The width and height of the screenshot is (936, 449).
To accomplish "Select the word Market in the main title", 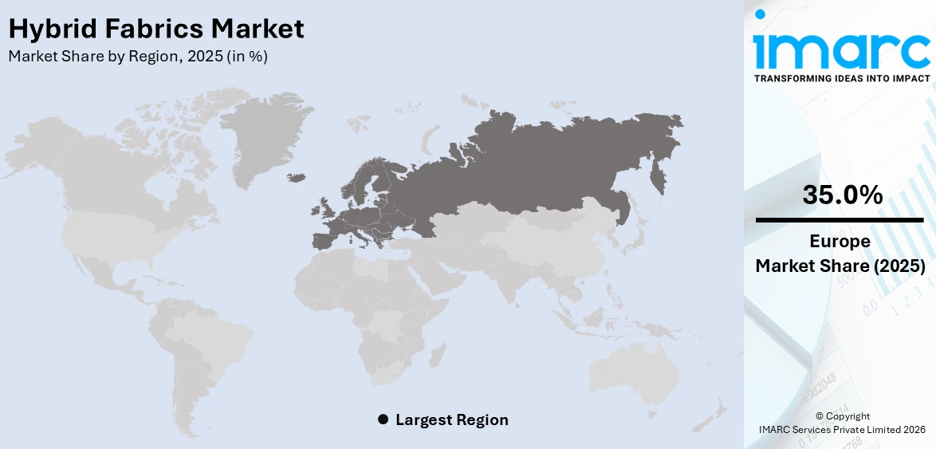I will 257,29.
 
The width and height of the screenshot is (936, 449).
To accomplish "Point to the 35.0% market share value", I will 842,194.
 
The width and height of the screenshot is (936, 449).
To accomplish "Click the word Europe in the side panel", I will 840,242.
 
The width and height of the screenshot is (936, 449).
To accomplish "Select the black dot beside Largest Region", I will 383,419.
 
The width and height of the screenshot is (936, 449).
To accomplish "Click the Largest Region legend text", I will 451,419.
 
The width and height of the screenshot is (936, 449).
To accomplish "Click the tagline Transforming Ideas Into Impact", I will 841,78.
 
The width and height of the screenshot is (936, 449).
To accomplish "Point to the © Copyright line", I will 843,416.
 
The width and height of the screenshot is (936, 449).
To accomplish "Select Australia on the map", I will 635,375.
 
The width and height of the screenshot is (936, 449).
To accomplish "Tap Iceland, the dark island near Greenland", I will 297,177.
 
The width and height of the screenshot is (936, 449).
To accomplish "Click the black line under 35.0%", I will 841,219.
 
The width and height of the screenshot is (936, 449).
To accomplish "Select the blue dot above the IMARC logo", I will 760,14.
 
